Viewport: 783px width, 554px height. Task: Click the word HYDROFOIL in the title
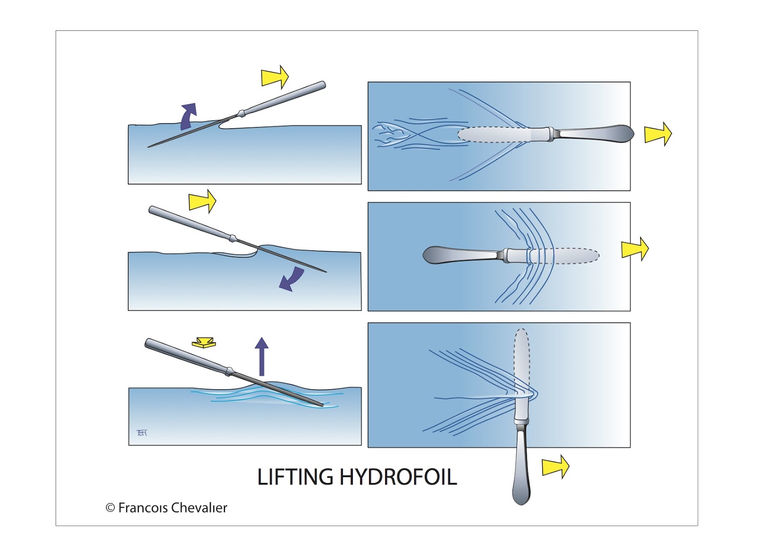pos(398,477)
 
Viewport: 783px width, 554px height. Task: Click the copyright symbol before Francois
pos(110,508)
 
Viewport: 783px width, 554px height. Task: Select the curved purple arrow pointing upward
pos(188,116)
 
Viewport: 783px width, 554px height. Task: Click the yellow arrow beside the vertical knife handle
pos(555,466)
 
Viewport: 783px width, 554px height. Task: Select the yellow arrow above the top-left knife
pos(275,77)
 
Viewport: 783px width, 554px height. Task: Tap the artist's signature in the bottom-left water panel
pos(141,433)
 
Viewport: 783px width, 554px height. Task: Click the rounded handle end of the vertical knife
pos(521,492)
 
